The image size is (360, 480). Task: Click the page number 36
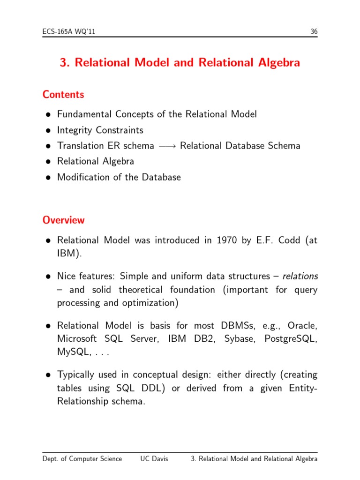click(314, 32)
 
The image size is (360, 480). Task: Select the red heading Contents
click(63, 94)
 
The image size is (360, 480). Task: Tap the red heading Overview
click(64, 220)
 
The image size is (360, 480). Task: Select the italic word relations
click(299, 277)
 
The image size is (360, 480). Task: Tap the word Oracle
click(302, 325)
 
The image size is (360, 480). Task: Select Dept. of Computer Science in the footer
click(82, 459)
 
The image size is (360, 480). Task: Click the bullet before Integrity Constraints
click(48, 130)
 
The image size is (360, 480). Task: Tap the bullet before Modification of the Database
click(48, 178)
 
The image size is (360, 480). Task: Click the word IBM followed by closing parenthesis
click(67, 254)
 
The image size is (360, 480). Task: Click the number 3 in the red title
click(63, 63)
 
